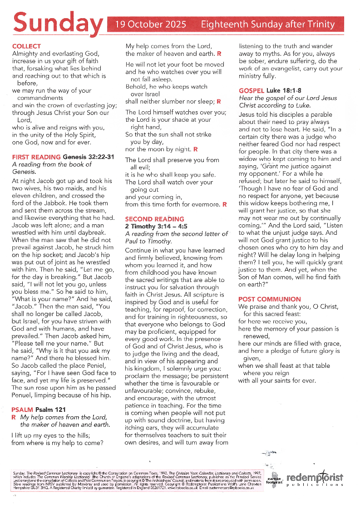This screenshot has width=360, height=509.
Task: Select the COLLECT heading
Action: tap(26, 46)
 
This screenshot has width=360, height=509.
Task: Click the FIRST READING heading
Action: tap(36, 157)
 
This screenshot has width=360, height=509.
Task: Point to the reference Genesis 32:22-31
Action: tap(89, 157)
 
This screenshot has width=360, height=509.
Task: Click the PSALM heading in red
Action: tap(23, 410)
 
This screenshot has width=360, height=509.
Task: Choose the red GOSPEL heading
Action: tap(251, 91)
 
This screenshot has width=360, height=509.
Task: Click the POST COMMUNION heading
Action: tap(270, 299)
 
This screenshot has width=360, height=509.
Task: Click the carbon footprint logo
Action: tap(275, 481)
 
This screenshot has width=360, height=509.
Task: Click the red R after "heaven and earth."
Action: tap(219, 54)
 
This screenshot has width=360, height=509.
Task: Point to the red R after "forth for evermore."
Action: tap(224, 205)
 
